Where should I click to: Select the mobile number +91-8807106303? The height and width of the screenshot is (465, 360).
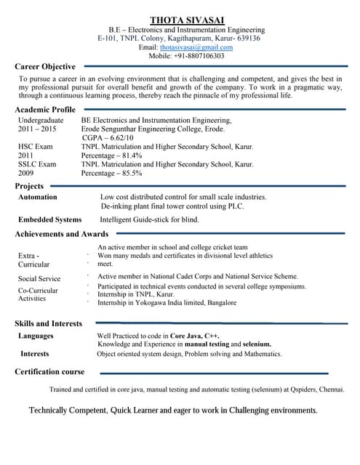(x=199, y=55)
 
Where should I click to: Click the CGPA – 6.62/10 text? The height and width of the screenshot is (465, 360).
(x=108, y=137)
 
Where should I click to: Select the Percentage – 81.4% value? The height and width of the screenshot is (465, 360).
(x=111, y=155)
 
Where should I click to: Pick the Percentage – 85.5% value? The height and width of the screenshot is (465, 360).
(x=111, y=174)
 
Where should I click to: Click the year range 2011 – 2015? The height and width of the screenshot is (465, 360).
(x=37, y=128)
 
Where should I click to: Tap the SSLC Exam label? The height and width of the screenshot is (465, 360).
(x=37, y=164)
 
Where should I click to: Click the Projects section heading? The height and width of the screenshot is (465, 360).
(x=30, y=187)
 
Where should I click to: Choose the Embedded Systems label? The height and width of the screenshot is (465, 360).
(x=50, y=219)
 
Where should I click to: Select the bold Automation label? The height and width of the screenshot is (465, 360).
(x=37, y=197)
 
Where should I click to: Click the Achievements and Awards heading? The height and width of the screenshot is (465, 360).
(x=61, y=234)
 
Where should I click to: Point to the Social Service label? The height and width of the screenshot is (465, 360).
(x=39, y=278)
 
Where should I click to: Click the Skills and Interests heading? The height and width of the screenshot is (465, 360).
(x=48, y=323)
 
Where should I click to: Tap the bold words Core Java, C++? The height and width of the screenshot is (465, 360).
(x=195, y=336)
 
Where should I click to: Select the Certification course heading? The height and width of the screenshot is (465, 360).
(x=49, y=371)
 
